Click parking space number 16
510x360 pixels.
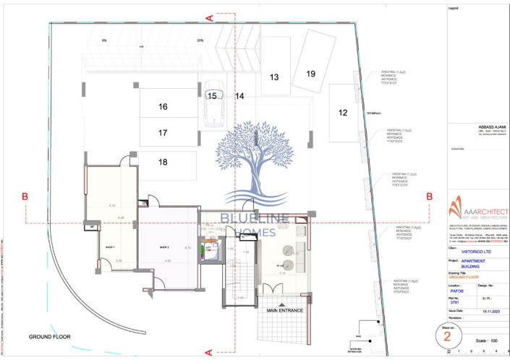(x=163, y=107)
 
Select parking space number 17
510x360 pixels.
(x=163, y=133)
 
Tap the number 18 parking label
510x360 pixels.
(x=163, y=162)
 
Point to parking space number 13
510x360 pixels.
(x=274, y=77)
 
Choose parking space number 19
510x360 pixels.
(x=310, y=74)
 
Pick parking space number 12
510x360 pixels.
(x=343, y=112)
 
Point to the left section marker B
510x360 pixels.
(x=25, y=196)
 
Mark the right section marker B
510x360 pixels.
(x=428, y=196)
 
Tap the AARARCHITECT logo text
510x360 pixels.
(x=480, y=203)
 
